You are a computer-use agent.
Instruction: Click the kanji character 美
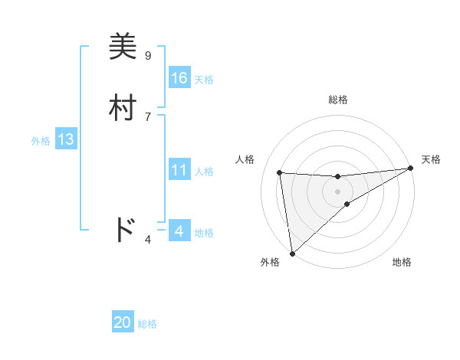tap(123, 47)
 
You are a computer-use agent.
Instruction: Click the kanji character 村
tap(123, 108)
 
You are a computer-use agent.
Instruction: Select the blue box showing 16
tap(179, 78)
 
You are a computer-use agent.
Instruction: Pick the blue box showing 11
tap(179, 170)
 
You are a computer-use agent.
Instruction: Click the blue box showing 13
tap(66, 140)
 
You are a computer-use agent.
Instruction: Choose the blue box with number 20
tap(123, 323)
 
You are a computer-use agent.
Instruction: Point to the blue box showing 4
tap(179, 231)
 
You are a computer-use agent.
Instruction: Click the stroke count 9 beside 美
tap(148, 56)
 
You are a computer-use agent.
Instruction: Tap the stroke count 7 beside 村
tap(148, 116)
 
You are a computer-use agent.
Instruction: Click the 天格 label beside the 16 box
tap(204, 80)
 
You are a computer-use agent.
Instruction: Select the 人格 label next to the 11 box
tap(204, 172)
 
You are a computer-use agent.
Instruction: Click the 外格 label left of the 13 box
tap(41, 141)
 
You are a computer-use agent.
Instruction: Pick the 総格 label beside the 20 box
tap(147, 325)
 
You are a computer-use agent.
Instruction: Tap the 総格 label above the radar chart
tap(337, 100)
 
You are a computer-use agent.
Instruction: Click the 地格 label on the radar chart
tap(402, 263)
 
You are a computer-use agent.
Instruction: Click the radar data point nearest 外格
tap(291, 253)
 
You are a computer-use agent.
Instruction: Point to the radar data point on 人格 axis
tap(280, 172)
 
